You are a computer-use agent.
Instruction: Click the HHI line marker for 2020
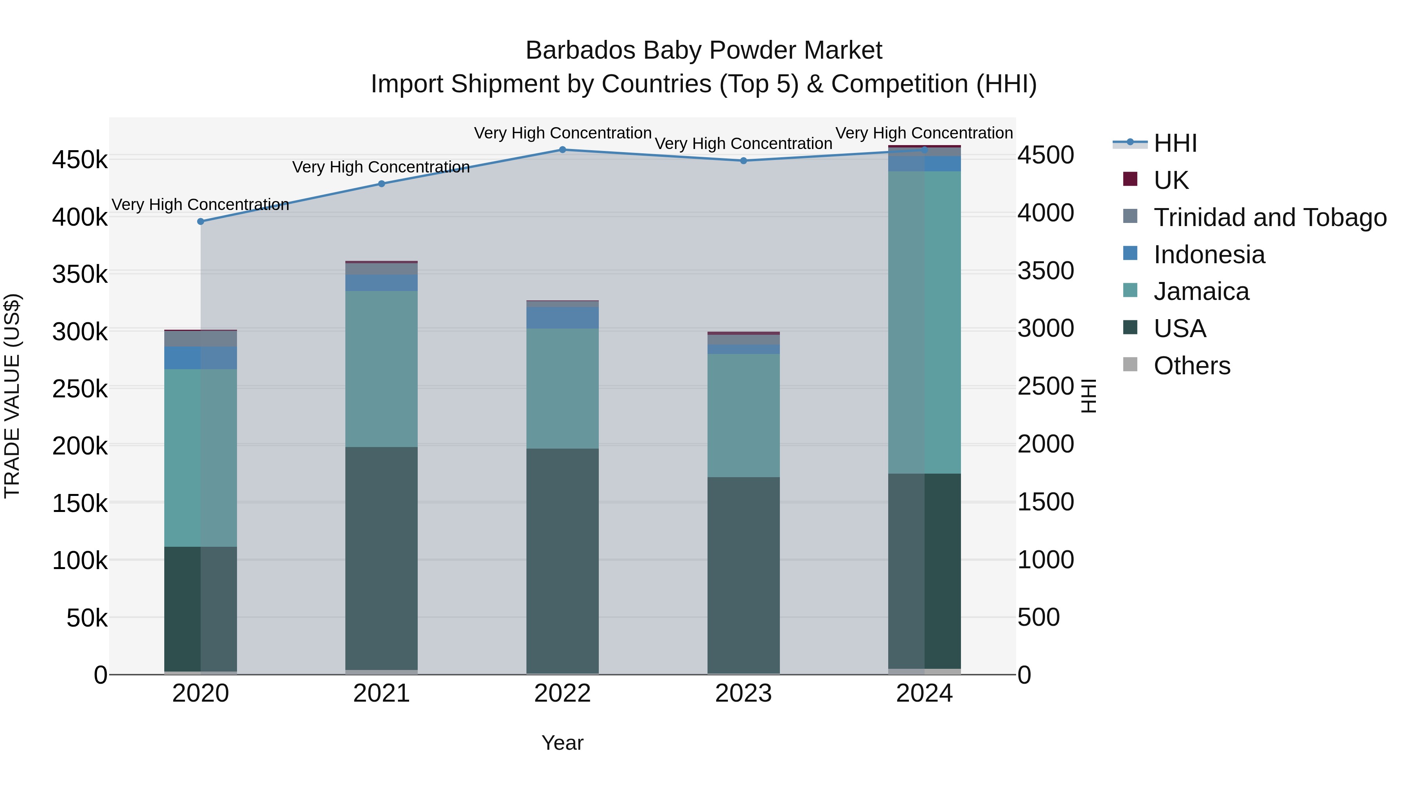pos(201,221)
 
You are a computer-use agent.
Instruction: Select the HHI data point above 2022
pos(562,149)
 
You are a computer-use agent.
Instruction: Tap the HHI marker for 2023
pos(744,161)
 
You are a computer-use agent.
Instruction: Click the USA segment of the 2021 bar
pos(381,557)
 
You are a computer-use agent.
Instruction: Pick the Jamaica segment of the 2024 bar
pos(924,323)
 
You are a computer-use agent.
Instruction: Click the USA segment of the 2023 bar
pos(744,574)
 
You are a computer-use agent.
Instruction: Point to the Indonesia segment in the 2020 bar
pos(201,357)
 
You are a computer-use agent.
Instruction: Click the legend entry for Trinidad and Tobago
pos(1270,217)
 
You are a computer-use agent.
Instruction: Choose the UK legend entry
pos(1171,180)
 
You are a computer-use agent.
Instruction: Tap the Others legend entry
pos(1192,365)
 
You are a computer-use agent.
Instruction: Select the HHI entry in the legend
pos(1175,143)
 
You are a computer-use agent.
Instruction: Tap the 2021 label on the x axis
pos(381,693)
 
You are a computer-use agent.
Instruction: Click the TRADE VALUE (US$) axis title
pos(12,396)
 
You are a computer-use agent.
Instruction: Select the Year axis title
pos(562,743)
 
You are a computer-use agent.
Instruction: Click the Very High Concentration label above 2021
pos(381,167)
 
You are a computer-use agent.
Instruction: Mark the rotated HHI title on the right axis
pos(1089,396)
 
